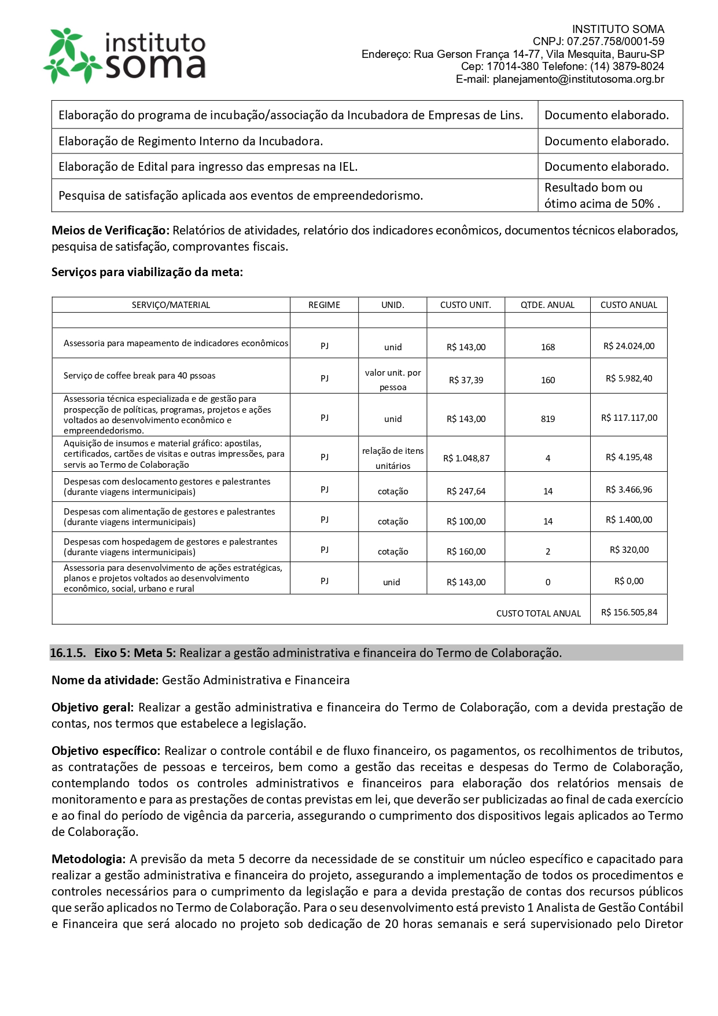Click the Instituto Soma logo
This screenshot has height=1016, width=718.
point(124,56)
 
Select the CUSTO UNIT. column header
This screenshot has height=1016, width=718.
point(465,305)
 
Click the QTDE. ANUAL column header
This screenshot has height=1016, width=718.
point(547,305)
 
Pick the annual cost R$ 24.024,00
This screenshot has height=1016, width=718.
point(629,346)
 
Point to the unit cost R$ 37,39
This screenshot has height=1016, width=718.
point(466,380)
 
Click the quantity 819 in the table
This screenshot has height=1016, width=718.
point(548,419)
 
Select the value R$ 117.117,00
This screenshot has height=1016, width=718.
point(629,418)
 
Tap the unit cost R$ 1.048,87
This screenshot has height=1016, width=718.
point(466,459)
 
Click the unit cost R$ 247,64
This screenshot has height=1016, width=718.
point(466,492)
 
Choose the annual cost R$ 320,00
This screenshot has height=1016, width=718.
point(629,550)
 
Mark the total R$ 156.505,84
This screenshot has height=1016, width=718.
point(629,612)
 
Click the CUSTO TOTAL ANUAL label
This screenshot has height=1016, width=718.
point(538,614)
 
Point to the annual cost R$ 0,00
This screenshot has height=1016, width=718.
point(629,581)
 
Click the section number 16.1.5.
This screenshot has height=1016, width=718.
point(68,653)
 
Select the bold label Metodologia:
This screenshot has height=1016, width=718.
point(89,859)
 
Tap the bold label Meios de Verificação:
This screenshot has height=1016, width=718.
point(111,230)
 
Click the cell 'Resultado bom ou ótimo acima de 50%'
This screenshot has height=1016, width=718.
point(602,196)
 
